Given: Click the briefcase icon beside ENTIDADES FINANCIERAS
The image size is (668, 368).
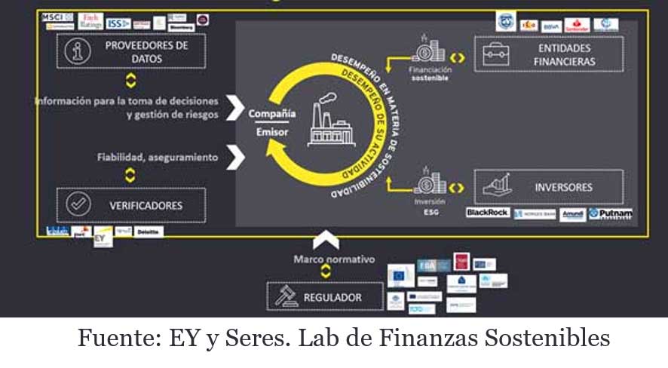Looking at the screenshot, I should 497,54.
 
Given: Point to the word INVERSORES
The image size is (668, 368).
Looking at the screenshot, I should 563,187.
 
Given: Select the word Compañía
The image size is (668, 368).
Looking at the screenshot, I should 272,113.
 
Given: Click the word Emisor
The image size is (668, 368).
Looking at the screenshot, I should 272,132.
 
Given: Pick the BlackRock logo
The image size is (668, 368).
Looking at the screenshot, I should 487,213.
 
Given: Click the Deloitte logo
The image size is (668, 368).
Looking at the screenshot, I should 147,233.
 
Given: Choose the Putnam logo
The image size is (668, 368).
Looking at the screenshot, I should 610,213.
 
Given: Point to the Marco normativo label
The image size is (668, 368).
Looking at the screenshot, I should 325,259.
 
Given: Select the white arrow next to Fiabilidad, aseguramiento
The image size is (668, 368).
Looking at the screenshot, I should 236,157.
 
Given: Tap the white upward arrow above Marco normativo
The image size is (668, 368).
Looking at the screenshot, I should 325,241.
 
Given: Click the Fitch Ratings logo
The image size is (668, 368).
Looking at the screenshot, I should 90,21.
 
